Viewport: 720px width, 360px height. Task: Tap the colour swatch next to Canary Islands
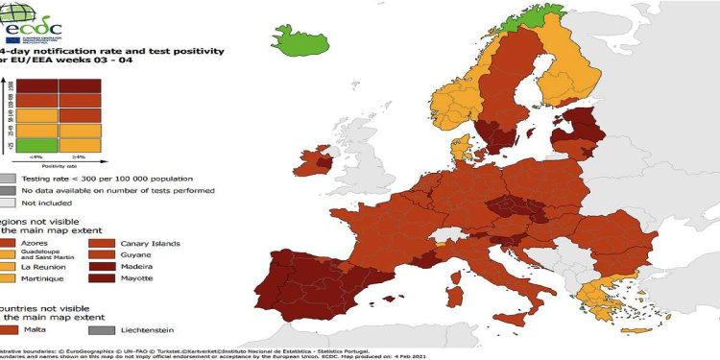pyautogui.click(x=103, y=243)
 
